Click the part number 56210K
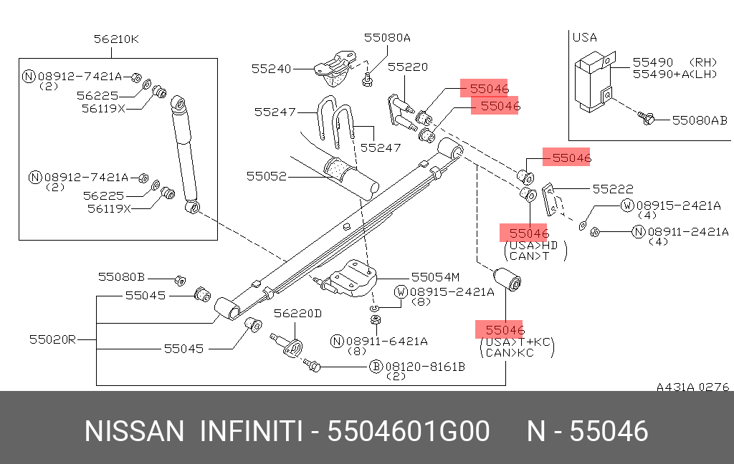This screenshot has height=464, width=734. [x=116, y=39]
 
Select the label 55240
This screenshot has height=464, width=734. [x=272, y=69]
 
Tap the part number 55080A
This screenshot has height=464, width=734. [x=387, y=38]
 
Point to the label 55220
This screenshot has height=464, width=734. [x=408, y=67]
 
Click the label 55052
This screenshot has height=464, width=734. [x=267, y=175]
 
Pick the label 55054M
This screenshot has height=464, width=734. [x=435, y=276]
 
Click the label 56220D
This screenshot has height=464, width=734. [x=297, y=313]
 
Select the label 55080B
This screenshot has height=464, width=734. [x=121, y=276]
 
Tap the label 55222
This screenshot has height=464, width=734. [x=613, y=189]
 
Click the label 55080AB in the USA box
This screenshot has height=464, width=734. [x=700, y=121]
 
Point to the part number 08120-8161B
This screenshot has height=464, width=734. [x=426, y=367]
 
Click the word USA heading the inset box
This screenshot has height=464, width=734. [x=584, y=37]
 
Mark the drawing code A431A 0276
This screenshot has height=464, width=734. [x=692, y=387]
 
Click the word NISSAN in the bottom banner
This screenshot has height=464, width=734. [x=134, y=432]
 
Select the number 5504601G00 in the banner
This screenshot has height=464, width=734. [x=409, y=432]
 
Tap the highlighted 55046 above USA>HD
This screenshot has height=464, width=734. [x=529, y=233]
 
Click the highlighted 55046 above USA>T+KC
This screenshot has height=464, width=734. [x=505, y=330]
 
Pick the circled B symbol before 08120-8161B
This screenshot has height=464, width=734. [x=375, y=367]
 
